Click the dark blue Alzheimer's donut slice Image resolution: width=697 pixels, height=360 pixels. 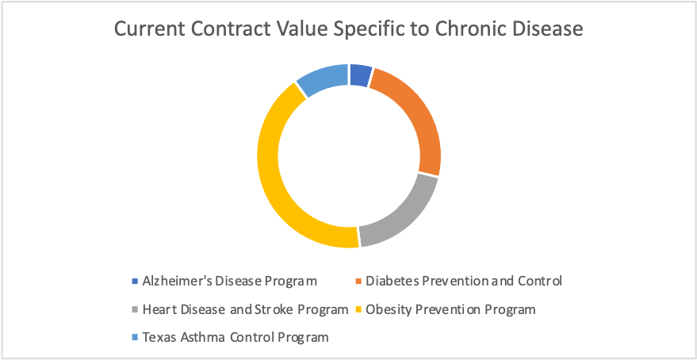[x=360, y=75]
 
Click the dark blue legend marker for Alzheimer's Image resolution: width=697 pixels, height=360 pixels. [x=135, y=281]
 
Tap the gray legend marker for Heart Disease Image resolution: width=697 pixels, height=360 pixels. [x=135, y=309]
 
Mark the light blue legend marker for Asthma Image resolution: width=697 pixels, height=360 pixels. [x=135, y=337]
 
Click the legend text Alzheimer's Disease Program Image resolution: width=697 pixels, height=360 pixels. [x=230, y=281]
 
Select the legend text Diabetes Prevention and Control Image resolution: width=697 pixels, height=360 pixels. [x=464, y=281]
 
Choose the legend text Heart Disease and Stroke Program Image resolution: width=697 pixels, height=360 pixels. [x=246, y=309]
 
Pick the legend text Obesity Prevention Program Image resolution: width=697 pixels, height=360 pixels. [x=450, y=309]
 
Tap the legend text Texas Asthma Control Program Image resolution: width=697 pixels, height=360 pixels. [x=236, y=337]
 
